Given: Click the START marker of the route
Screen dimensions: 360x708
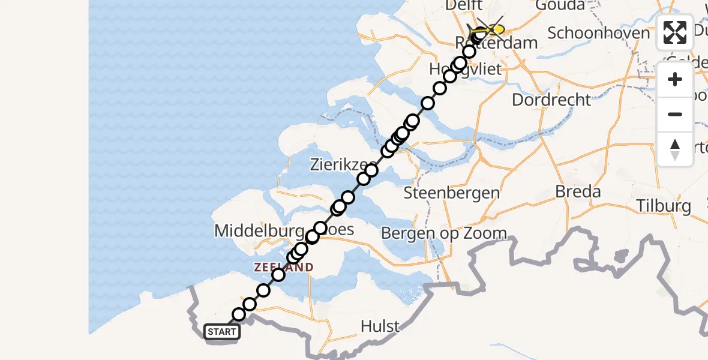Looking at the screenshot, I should point(222,332).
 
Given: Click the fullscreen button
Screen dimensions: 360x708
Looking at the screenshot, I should point(675,32).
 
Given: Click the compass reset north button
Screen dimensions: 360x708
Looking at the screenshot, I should point(675,149).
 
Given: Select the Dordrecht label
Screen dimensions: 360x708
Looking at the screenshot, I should point(551,100).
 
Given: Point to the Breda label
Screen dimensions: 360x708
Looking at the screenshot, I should point(578,192).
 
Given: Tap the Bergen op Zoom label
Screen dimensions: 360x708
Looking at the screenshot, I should point(444,233).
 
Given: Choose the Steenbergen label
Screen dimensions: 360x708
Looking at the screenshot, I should point(451,193).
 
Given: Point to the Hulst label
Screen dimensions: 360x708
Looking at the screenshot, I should point(380,326).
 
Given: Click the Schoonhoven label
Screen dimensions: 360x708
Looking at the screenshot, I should point(599,33).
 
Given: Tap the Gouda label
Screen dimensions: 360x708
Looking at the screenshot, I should point(562,5).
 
